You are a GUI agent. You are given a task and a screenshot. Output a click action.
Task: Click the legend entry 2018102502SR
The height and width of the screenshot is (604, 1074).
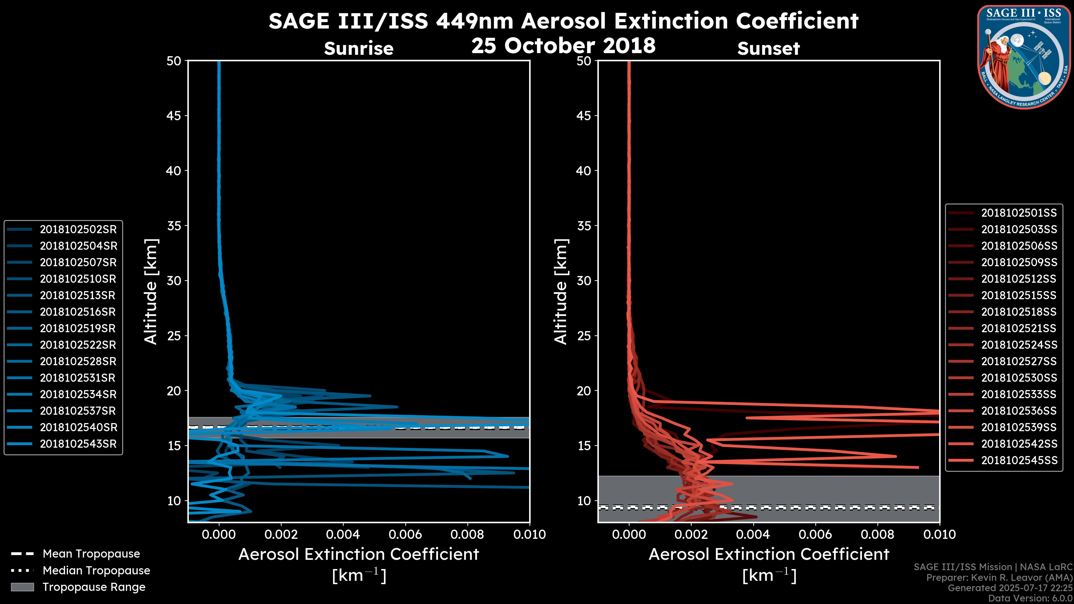pyautogui.click(x=78, y=229)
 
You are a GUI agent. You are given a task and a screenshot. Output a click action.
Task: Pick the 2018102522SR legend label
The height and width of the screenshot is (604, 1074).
pyautogui.click(x=78, y=345)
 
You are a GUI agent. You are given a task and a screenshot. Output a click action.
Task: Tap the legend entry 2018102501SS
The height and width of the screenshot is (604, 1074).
pyautogui.click(x=1019, y=213)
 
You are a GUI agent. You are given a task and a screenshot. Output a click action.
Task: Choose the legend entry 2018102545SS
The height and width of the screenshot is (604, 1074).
pyautogui.click(x=1019, y=460)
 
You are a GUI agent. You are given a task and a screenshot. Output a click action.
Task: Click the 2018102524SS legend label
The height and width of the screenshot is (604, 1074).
pyautogui.click(x=1019, y=345)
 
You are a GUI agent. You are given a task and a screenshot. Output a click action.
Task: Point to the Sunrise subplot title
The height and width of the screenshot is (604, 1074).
pyautogui.click(x=359, y=49)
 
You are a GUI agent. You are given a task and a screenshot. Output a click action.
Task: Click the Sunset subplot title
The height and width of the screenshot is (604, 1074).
pyautogui.click(x=768, y=49)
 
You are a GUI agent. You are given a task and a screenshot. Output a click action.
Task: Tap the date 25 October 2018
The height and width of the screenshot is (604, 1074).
pyautogui.click(x=563, y=45)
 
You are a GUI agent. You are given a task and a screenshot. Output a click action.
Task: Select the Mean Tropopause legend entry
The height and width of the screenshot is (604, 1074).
pyautogui.click(x=91, y=554)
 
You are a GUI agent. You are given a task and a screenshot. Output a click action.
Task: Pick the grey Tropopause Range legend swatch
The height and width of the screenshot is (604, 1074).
pyautogui.click(x=22, y=587)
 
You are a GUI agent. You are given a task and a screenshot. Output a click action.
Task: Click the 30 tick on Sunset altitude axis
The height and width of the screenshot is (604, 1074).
pyautogui.click(x=584, y=280)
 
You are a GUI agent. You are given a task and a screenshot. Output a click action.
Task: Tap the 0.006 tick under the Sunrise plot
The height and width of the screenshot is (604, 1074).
pyautogui.click(x=405, y=534)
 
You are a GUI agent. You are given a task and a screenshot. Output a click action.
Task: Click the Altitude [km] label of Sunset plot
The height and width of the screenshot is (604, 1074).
pyautogui.click(x=561, y=292)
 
